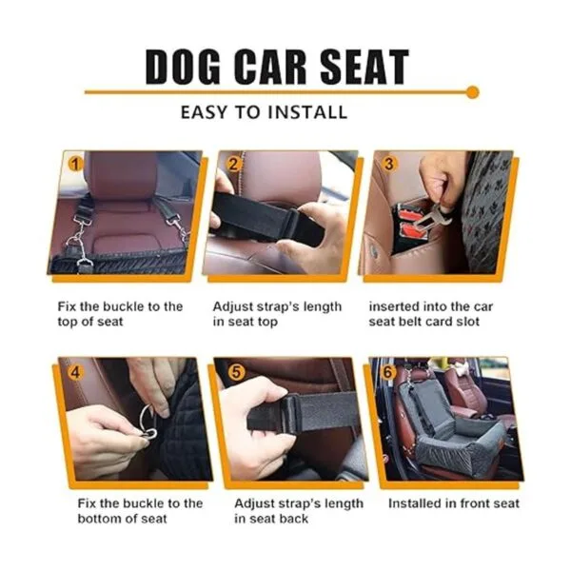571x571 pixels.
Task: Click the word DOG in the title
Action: (x=183, y=67)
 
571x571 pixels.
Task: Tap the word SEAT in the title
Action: (x=364, y=67)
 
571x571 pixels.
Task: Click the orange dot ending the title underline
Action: (x=472, y=92)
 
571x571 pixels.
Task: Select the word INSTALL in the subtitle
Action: (x=307, y=112)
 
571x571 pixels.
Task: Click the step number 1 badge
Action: (x=75, y=165)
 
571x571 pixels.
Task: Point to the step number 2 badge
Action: (x=233, y=165)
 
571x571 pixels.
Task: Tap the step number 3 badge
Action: (x=389, y=164)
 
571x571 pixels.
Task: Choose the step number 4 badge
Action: (x=76, y=372)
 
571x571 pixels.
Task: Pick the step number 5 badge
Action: (x=236, y=372)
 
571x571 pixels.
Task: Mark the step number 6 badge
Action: (x=388, y=372)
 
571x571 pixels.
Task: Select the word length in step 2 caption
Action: (x=323, y=307)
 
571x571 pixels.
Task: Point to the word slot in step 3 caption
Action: (x=468, y=322)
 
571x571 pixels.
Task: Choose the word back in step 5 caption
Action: (x=293, y=519)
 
